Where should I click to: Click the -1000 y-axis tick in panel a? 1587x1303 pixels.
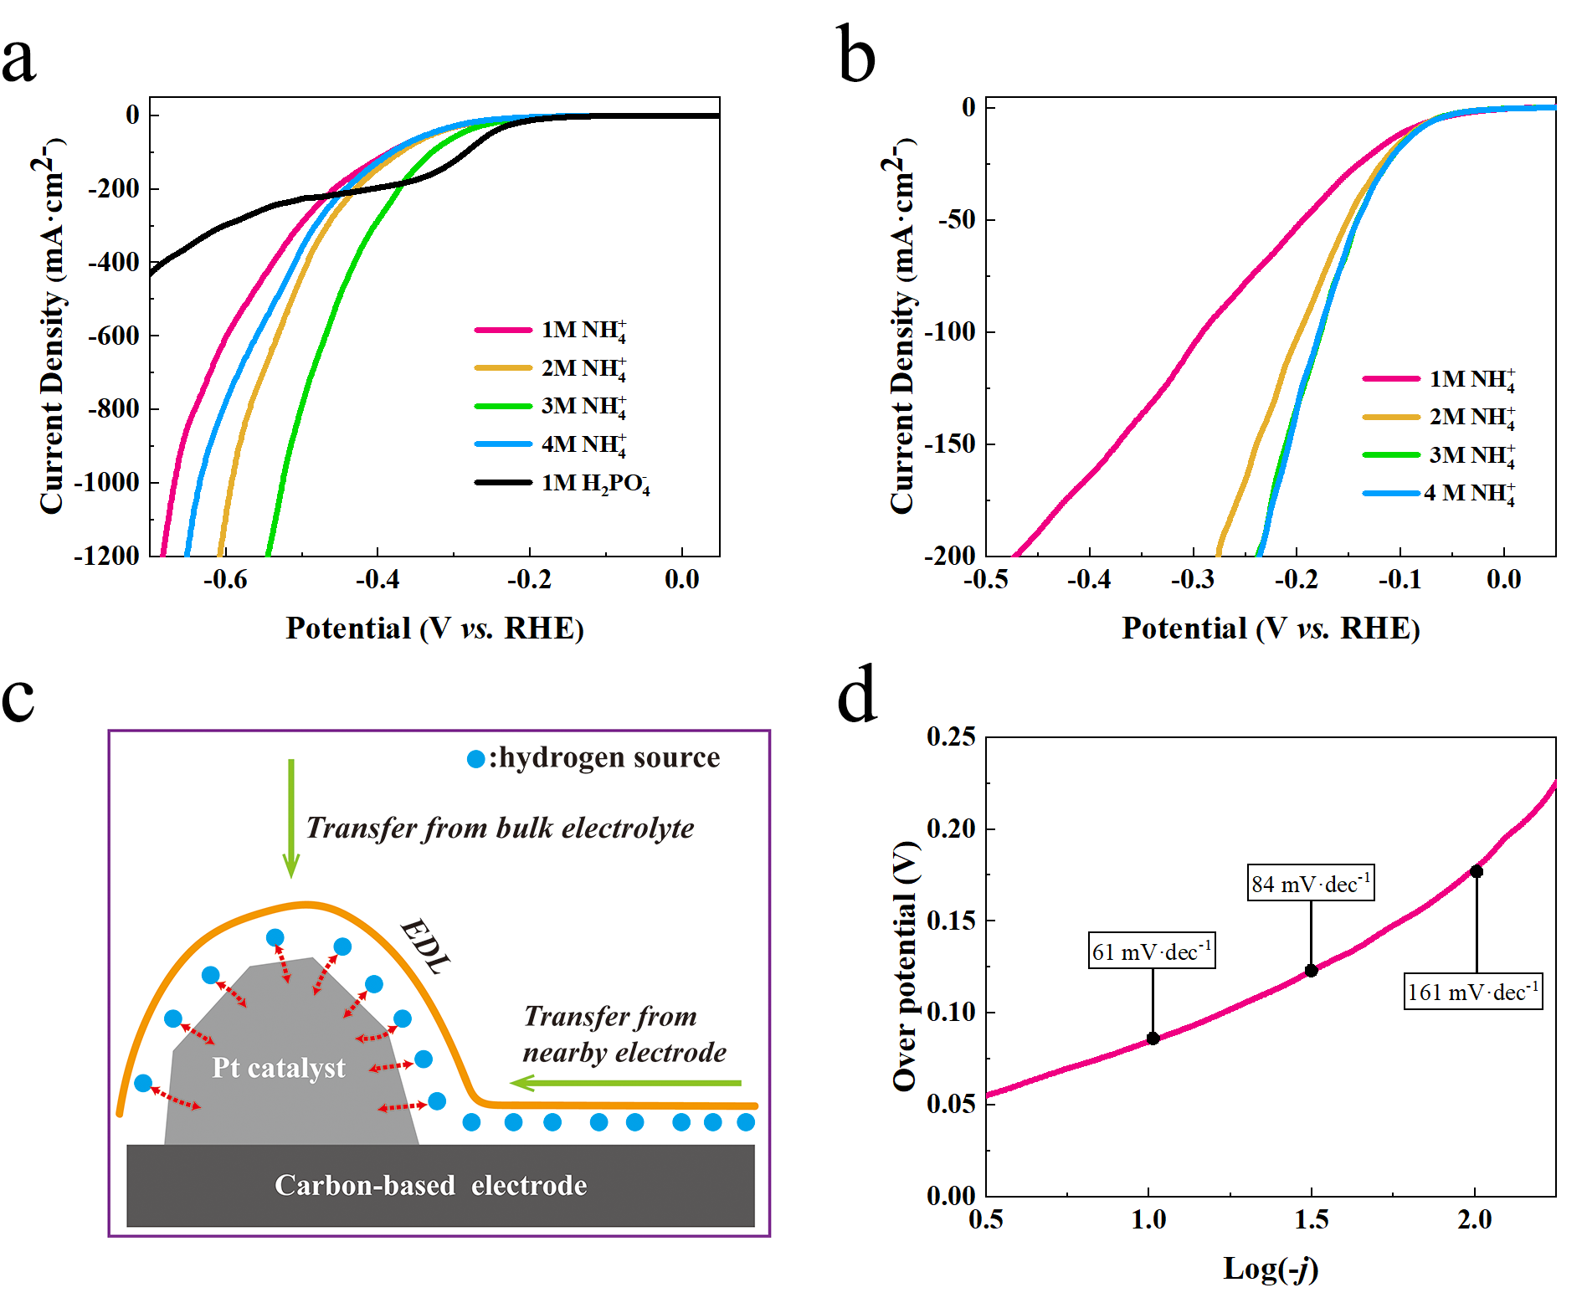pyautogui.click(x=107, y=483)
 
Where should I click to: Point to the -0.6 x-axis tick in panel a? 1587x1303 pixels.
pyautogui.click(x=225, y=579)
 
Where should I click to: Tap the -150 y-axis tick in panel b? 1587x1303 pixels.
pyautogui.click(x=951, y=444)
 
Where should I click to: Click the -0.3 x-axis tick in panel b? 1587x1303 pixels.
pyautogui.click(x=1193, y=579)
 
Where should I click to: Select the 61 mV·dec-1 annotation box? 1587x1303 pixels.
pyautogui.click(x=1152, y=951)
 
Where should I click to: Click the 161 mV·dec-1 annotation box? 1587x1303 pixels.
pyautogui.click(x=1473, y=992)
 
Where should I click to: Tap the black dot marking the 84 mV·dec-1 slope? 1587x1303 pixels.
pyautogui.click(x=1312, y=971)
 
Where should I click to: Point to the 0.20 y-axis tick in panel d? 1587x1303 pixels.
pyautogui.click(x=952, y=828)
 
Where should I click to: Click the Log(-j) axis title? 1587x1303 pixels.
pyautogui.click(x=1271, y=1269)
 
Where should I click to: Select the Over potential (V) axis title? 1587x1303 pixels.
pyautogui.click(x=906, y=966)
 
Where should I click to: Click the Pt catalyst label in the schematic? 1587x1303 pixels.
pyautogui.click(x=278, y=1068)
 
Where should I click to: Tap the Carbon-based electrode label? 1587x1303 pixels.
pyautogui.click(x=430, y=1185)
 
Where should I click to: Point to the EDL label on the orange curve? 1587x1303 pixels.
pyautogui.click(x=425, y=946)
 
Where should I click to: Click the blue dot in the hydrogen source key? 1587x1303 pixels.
pyautogui.click(x=475, y=759)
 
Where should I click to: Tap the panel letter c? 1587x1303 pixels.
pyautogui.click(x=18, y=698)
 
